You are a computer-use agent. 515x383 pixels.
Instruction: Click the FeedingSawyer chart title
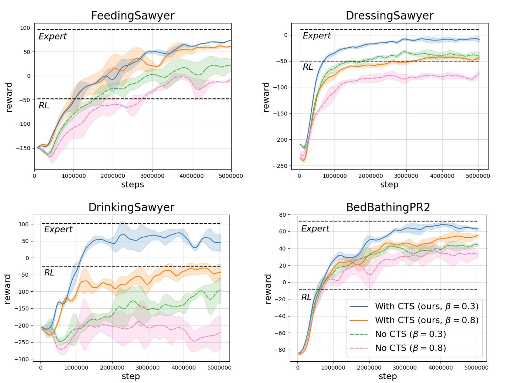click(132, 16)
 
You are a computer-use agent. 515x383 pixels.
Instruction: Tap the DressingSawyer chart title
click(389, 16)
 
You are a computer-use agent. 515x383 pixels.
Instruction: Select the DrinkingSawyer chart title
click(131, 207)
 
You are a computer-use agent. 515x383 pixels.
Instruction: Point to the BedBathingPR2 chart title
click(388, 207)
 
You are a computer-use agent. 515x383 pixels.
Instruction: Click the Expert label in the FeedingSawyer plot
click(53, 36)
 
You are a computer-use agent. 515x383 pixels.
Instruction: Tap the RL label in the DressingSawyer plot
click(308, 67)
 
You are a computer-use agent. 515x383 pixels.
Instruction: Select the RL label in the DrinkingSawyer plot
click(49, 273)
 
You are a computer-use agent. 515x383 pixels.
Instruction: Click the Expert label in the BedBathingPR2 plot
click(315, 228)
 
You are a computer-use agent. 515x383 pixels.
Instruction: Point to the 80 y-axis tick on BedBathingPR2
click(282, 215)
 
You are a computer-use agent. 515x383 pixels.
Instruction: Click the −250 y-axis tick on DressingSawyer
click(280, 166)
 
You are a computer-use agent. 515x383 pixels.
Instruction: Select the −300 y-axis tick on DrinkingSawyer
click(22, 359)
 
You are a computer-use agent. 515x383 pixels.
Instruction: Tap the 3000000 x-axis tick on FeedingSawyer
click(152, 176)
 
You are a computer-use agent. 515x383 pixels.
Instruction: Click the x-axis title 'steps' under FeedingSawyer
click(132, 184)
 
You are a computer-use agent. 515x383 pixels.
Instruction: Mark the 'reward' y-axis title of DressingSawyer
click(266, 97)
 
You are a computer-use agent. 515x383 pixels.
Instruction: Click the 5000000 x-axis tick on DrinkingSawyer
click(219, 368)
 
